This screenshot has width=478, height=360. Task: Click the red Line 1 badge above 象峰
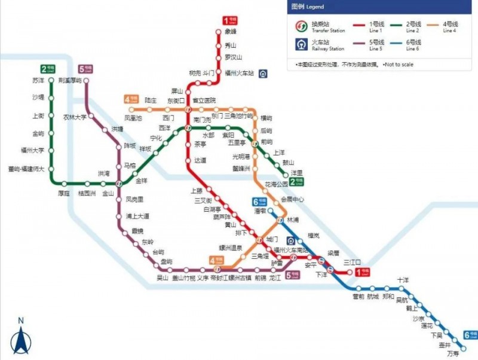(x=230, y=20)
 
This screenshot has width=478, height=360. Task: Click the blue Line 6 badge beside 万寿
(x=470, y=335)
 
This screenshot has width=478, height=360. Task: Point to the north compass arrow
(x=20, y=340)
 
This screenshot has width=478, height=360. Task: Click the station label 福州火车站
(x=240, y=73)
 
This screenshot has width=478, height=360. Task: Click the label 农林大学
(x=75, y=117)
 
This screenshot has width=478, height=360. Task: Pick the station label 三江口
(x=352, y=262)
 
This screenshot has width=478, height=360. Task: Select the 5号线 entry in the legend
(x=376, y=44)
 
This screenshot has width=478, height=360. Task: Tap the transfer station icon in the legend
(x=302, y=26)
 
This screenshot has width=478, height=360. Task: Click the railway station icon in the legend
(x=302, y=44)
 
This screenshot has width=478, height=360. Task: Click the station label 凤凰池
(x=133, y=118)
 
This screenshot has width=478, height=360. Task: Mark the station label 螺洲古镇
(x=240, y=277)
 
